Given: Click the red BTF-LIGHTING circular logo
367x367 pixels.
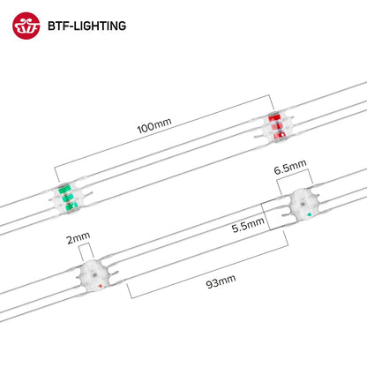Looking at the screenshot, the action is pyautogui.click(x=26, y=26).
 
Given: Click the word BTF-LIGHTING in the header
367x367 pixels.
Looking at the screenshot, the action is pyautogui.click(x=87, y=26).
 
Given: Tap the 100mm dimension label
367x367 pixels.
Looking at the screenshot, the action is pyautogui.click(x=154, y=125).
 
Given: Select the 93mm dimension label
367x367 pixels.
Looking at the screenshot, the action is pyautogui.click(x=221, y=281).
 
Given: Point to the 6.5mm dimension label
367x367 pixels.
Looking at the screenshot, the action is pyautogui.click(x=290, y=167).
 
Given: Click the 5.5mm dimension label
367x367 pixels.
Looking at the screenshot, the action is pyautogui.click(x=248, y=225).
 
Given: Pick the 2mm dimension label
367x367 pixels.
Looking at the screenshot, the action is pyautogui.click(x=79, y=237).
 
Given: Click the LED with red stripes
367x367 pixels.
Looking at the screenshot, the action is pyautogui.click(x=277, y=126).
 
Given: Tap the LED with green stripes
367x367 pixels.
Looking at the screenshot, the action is pyautogui.click(x=68, y=198).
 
